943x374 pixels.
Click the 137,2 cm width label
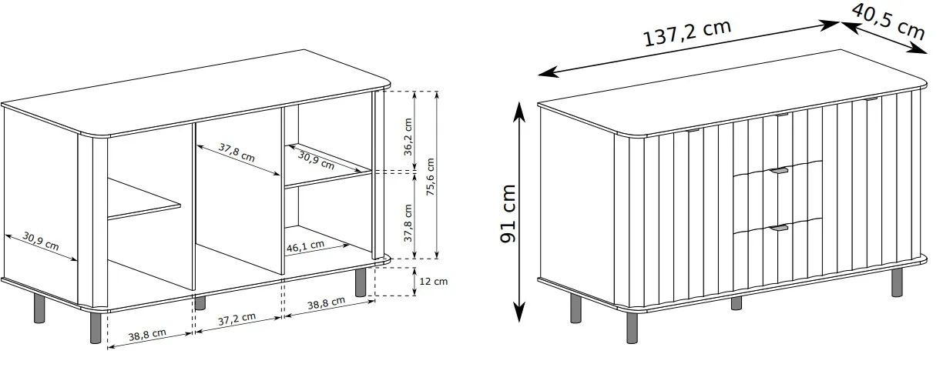pos(687,33)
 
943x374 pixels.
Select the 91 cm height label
pos(508,213)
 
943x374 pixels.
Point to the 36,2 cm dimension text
pos(408,137)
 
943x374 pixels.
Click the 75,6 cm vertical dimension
pos(430,177)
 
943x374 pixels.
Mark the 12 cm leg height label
pos(434,281)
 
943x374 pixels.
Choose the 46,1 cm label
pos(305,246)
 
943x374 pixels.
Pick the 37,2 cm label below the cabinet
pos(237,319)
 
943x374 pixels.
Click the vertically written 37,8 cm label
pos(408,223)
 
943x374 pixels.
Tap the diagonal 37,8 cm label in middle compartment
pos(237,152)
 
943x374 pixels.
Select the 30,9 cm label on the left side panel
pos(40,241)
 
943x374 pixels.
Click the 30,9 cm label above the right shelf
pos(316,160)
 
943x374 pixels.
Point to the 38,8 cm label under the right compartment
pos(326,303)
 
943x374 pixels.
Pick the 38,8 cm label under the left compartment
pos(147,336)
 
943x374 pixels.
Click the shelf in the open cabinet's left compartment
pos(144,199)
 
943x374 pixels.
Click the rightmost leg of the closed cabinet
pos(897,282)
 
